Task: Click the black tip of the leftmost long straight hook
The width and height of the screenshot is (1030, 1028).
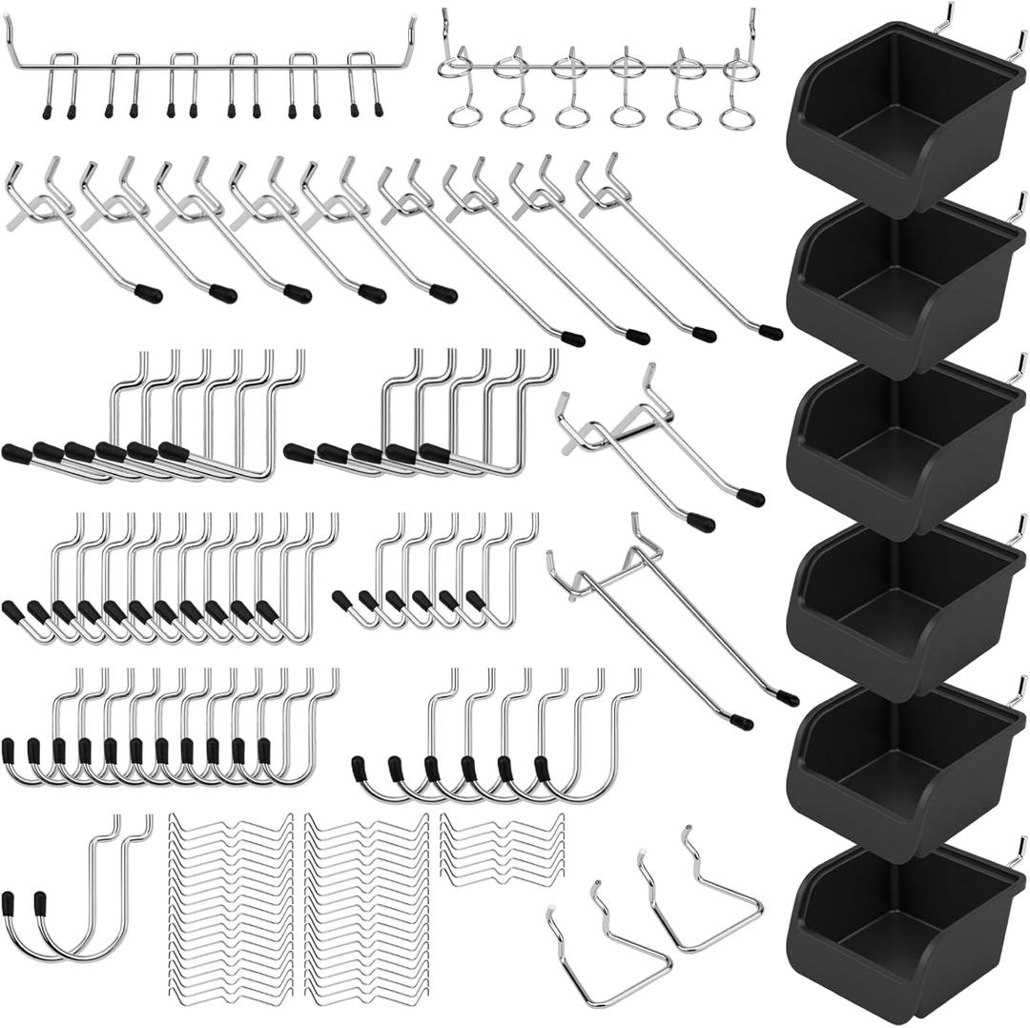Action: point(148,293)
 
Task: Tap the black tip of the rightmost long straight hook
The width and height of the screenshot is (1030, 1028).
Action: point(771,333)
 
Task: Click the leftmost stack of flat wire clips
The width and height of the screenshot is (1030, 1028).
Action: point(231,906)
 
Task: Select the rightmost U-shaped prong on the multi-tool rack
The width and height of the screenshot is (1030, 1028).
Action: point(366,86)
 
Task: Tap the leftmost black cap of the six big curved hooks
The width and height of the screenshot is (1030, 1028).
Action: point(359,769)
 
